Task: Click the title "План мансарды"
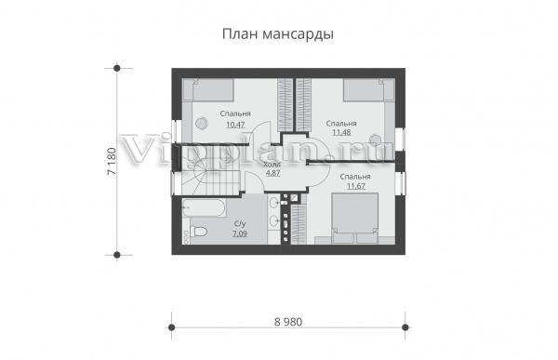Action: point(278,34)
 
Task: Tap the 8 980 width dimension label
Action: point(288,322)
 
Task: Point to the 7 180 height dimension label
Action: point(112,161)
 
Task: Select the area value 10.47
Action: point(235,125)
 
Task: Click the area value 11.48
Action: point(341,132)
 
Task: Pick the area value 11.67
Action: point(356,186)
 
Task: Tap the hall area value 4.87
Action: point(272,173)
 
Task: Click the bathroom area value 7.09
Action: point(240,233)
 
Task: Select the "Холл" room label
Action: point(272,165)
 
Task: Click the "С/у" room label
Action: point(240,223)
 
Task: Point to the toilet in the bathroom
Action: point(198,232)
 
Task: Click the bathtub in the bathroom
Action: point(204,207)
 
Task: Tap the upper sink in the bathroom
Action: point(273,203)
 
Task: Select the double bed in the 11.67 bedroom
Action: point(355,219)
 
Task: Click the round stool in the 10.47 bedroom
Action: point(201,123)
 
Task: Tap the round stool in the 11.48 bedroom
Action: point(375,140)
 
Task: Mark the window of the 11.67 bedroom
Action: point(400,184)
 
